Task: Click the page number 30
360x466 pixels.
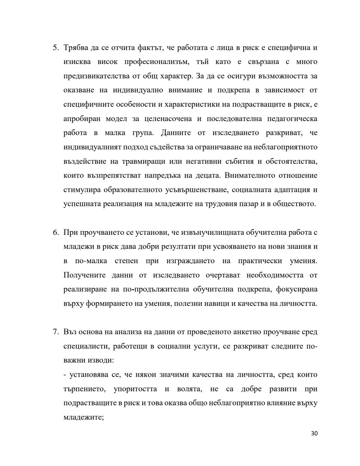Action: [314, 434]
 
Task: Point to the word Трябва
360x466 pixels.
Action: [75, 48]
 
